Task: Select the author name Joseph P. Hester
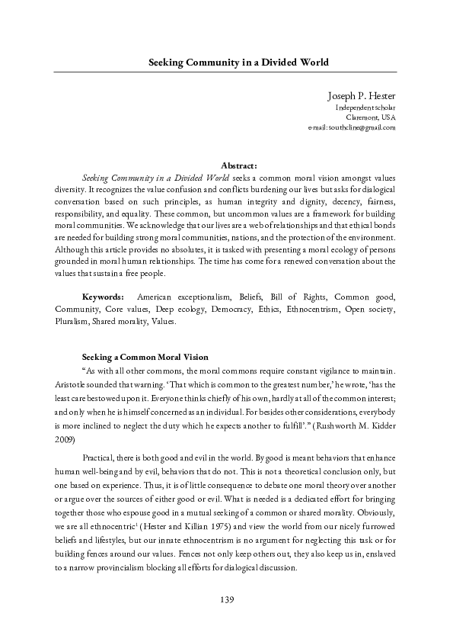click(361, 95)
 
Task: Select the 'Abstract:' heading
click(238, 165)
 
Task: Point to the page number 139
click(226, 601)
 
